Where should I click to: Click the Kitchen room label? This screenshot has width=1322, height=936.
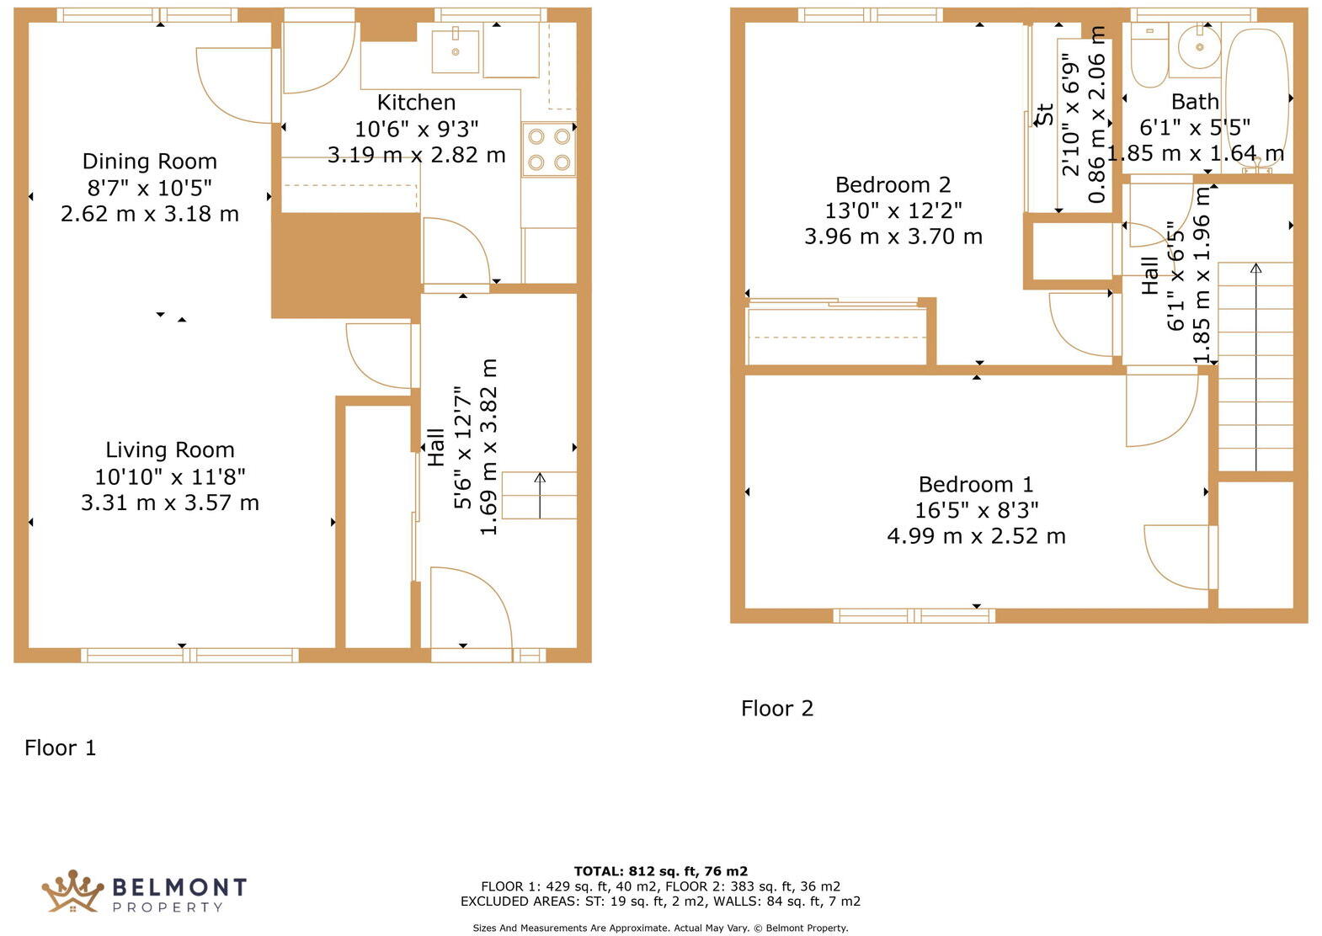tap(416, 103)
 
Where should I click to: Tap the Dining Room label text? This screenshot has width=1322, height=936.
tap(149, 162)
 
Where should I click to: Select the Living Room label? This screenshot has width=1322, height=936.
tap(169, 450)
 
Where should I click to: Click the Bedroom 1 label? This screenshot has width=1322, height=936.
tap(975, 485)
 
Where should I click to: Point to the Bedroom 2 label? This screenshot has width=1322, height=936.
tap(893, 185)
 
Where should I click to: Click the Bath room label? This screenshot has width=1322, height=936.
tap(1195, 102)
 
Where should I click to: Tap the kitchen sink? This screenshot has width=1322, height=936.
tap(456, 51)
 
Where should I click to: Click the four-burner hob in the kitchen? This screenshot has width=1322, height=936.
tap(548, 149)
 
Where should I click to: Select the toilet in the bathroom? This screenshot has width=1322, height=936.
tap(1149, 56)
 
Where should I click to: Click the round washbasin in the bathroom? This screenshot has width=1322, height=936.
tap(1199, 47)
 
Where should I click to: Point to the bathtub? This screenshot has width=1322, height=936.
tap(1256, 93)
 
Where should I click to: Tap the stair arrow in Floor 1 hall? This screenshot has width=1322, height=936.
tap(540, 495)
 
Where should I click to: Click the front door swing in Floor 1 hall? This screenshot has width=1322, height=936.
tap(469, 608)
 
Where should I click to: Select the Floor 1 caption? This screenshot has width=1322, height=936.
tap(60, 747)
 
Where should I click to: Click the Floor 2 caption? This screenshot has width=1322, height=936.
tap(776, 709)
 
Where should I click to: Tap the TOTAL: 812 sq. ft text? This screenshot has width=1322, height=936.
tap(660, 871)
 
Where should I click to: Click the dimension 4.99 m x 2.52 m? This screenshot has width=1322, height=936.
tap(976, 536)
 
